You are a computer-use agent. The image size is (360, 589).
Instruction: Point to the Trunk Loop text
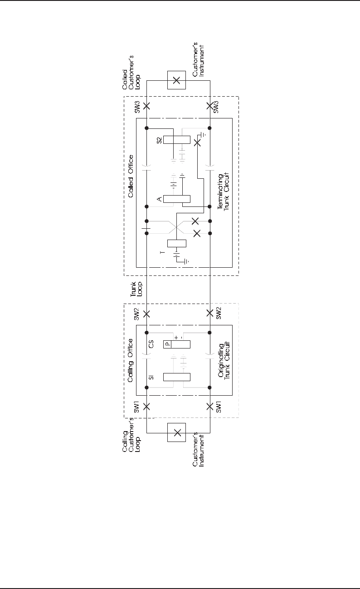pyautogui.click(x=131, y=291)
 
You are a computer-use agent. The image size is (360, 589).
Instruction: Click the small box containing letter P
pyautogui.click(x=167, y=344)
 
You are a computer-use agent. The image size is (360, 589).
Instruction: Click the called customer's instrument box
pyautogui.click(x=177, y=81)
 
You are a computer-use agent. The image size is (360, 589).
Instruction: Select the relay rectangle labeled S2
pyautogui.click(x=176, y=140)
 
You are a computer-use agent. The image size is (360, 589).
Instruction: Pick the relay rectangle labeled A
pyautogui.click(x=176, y=199)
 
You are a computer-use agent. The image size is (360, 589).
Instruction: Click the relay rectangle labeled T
pyautogui.click(x=176, y=243)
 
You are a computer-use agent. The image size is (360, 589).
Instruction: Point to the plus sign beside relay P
pyautogui.click(x=176, y=338)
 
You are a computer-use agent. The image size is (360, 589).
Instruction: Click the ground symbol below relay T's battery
pyautogui.click(x=185, y=262)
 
